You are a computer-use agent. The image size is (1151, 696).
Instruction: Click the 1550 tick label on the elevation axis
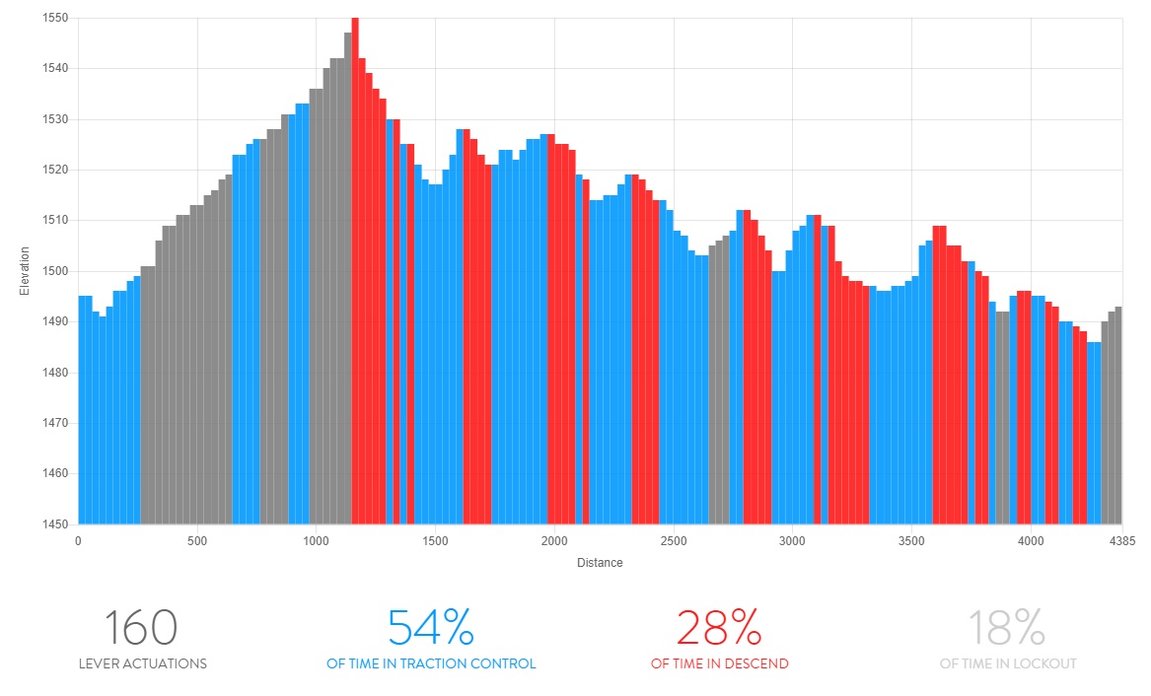(54, 18)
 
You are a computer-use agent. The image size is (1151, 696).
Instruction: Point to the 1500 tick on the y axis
(54, 271)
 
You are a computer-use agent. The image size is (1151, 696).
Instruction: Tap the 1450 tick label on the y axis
(54, 523)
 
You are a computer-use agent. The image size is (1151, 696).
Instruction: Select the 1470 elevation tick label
(54, 423)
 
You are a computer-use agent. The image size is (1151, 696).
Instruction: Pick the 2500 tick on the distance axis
(674, 541)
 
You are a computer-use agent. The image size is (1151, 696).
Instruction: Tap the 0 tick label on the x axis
(78, 541)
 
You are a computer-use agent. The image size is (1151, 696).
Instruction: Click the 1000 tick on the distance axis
(317, 541)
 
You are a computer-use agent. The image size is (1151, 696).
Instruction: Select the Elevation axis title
(25, 271)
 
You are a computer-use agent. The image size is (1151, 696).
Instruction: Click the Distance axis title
(600, 563)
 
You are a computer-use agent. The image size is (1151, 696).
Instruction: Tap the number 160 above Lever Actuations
(141, 628)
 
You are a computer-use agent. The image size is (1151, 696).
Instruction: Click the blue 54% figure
(430, 628)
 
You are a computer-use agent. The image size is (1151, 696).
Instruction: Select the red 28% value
(719, 628)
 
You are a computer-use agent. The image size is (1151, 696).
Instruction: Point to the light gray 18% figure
(1007, 628)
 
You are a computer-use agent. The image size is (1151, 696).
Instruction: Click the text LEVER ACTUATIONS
(143, 664)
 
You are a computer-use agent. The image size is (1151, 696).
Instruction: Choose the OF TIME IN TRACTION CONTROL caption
(431, 664)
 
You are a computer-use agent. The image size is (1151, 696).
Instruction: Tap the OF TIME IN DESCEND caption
(720, 664)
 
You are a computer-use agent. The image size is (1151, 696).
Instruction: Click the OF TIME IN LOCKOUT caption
(1008, 664)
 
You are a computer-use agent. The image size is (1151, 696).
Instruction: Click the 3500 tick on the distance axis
(911, 541)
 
